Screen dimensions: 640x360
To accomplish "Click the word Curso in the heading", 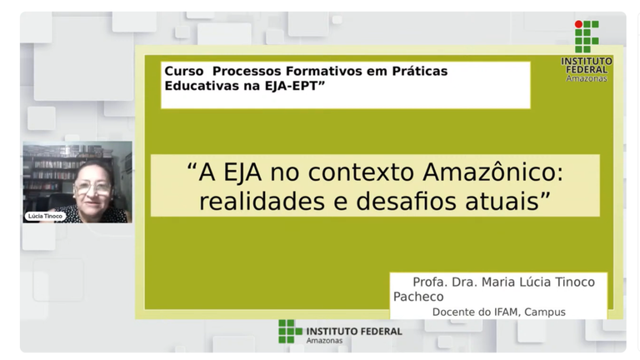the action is [x=183, y=71].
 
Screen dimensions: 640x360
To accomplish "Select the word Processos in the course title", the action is [x=247, y=71].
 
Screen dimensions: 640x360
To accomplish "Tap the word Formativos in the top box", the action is [x=324, y=71].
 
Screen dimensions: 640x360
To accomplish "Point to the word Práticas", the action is [x=420, y=71].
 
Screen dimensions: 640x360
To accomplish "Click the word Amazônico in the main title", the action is [x=492, y=172].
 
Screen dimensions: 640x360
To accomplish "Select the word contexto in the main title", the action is [x=361, y=173].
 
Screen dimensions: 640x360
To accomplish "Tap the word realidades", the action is [x=262, y=201].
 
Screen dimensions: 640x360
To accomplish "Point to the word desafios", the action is [x=406, y=201].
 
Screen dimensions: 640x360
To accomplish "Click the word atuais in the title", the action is [x=502, y=202].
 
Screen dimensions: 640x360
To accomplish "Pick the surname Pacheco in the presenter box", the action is [x=418, y=297].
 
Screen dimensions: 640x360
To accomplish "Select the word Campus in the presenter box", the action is [x=545, y=312].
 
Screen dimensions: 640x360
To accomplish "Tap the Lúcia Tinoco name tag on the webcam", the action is [x=45, y=216].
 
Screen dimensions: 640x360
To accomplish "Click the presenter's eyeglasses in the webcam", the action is [x=93, y=188].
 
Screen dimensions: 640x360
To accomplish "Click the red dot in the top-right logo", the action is [x=578, y=24].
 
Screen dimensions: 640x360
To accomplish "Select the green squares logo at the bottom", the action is [x=290, y=331].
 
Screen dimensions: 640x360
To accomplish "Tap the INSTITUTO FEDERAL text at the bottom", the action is [x=354, y=332].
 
